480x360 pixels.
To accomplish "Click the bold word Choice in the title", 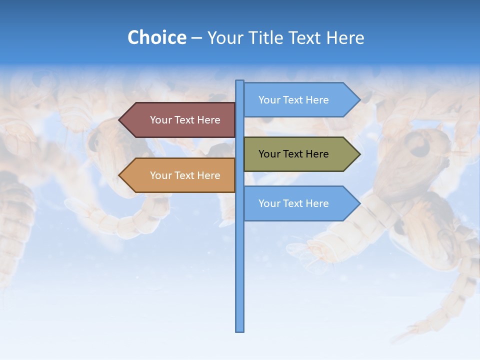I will click(x=156, y=37).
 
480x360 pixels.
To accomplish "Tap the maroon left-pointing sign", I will click(x=180, y=120).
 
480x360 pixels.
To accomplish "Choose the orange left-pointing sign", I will click(x=180, y=175).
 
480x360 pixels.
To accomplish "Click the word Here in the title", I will click(x=345, y=37).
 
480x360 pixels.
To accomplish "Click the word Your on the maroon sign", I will click(x=160, y=120).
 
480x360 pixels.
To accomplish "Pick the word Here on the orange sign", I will click(x=208, y=175).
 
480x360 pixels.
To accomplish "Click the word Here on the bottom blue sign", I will click(x=317, y=203).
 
